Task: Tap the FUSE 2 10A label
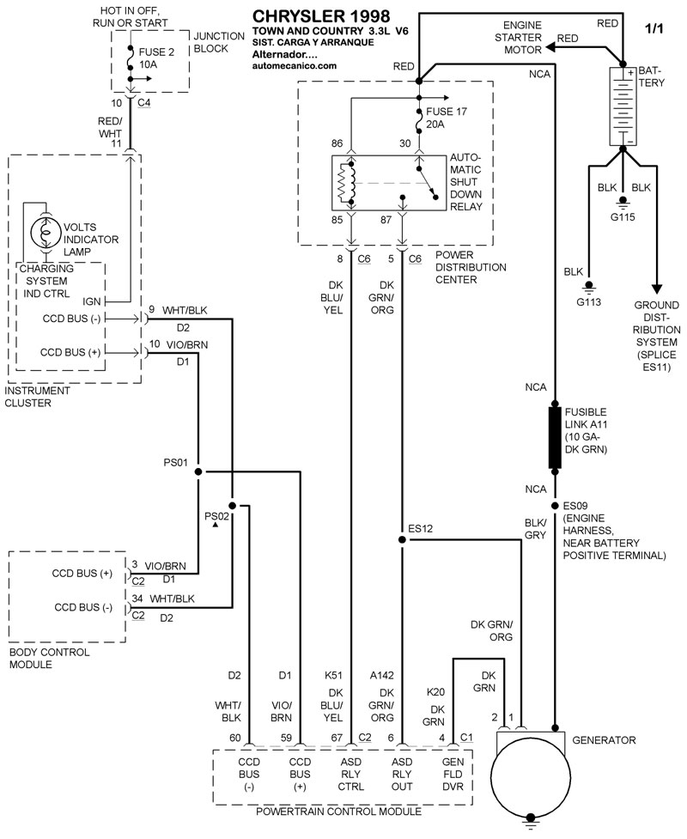point(155,58)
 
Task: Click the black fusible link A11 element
point(555,438)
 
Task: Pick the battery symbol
point(621,106)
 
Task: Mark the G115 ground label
point(623,216)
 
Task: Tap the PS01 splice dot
point(198,471)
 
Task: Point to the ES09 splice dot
point(555,505)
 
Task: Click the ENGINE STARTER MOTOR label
point(522,38)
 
